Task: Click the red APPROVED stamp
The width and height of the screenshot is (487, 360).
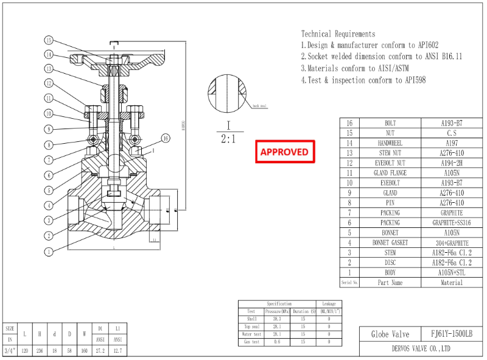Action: tap(284, 152)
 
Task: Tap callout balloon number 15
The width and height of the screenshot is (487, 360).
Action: tap(49, 40)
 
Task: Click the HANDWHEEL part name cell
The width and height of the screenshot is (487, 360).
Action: tap(390, 143)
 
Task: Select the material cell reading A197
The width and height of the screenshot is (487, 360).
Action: tap(452, 143)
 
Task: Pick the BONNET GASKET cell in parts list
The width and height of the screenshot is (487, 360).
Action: tap(390, 242)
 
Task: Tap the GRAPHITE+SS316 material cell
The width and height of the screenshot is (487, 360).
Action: tap(452, 222)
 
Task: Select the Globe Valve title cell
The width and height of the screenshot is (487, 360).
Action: tap(390, 334)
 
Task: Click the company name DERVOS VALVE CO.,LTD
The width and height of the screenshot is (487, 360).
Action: tap(421, 349)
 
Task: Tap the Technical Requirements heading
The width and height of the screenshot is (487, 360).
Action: tap(338, 34)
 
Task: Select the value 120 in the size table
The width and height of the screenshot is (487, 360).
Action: tap(24, 350)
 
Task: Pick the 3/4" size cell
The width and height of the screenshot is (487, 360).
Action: tap(9, 350)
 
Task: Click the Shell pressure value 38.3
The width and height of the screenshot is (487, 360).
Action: tap(277, 319)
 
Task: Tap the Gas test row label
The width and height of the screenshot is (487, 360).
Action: tap(251, 342)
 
